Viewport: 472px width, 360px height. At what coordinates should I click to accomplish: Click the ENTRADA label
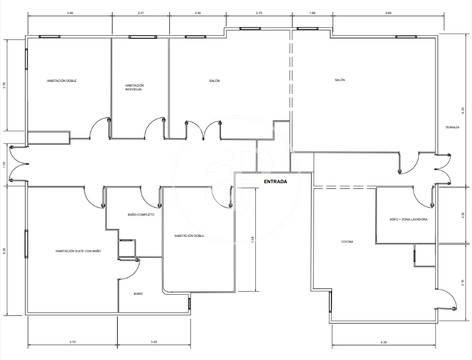point(276,182)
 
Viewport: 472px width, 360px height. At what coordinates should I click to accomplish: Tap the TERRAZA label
point(453,127)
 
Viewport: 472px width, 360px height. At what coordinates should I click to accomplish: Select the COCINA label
point(347,242)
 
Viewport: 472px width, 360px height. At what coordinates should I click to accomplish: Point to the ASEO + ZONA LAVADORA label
point(408,220)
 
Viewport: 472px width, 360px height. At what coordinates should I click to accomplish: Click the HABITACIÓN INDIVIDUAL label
point(134,88)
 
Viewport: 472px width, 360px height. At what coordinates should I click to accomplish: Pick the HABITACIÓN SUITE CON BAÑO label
point(78,251)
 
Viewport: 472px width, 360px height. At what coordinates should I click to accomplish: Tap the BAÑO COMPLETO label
point(141,215)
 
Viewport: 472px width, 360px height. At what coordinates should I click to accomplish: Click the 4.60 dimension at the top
point(388,13)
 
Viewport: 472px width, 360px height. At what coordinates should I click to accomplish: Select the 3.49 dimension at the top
point(70,13)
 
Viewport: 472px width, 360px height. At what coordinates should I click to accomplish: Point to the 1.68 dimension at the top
point(312,13)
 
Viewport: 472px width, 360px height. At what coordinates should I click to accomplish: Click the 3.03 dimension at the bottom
point(154,342)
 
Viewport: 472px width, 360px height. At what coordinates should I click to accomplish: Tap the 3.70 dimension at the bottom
point(73,342)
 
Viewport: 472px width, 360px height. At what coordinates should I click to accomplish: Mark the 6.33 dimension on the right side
point(463,111)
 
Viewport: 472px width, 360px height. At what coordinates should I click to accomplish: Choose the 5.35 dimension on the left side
point(4,251)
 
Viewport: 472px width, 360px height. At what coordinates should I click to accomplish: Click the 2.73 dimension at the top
point(259,13)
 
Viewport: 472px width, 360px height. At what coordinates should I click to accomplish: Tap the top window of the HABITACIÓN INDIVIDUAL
point(143,37)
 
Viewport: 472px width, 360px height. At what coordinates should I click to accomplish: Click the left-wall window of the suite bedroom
point(26,244)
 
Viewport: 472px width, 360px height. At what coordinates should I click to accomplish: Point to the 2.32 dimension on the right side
point(463,215)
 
